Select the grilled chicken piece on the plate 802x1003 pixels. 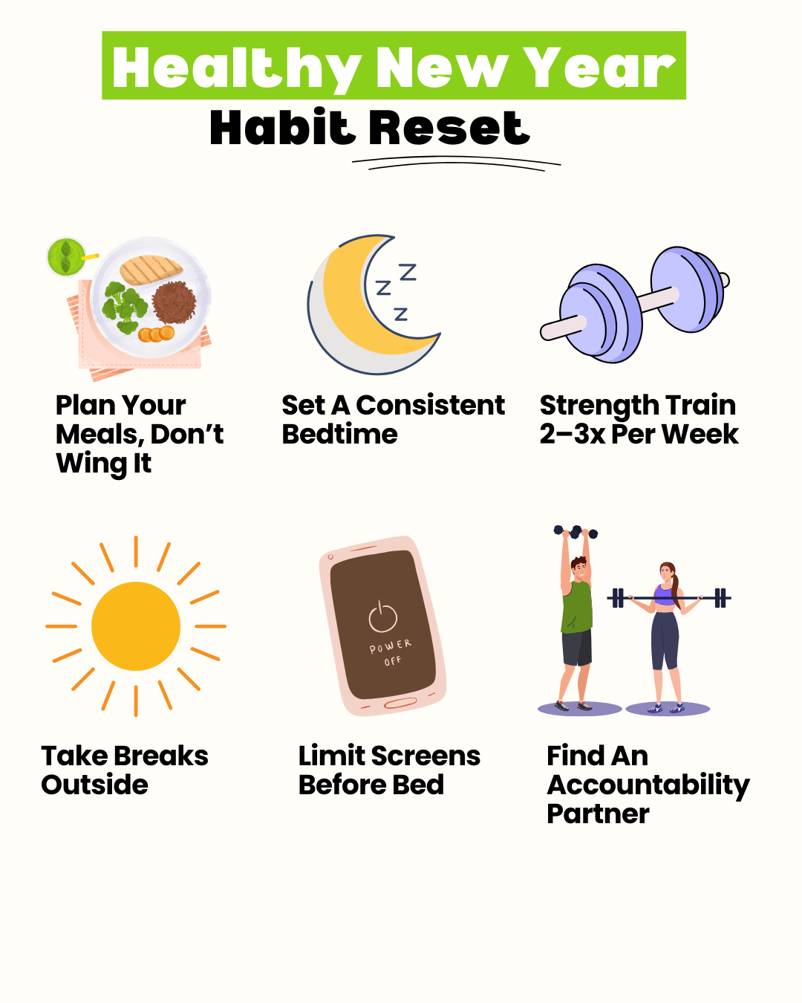151,270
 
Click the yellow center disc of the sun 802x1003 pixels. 136,626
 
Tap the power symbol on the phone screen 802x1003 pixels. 382,617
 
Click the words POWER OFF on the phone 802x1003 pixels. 391,652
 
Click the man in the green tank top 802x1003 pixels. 576,619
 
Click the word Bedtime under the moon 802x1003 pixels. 339,435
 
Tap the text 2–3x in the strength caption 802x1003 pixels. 573,435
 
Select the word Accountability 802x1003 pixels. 648,786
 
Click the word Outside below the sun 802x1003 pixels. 94,785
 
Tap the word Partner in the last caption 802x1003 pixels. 598,814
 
